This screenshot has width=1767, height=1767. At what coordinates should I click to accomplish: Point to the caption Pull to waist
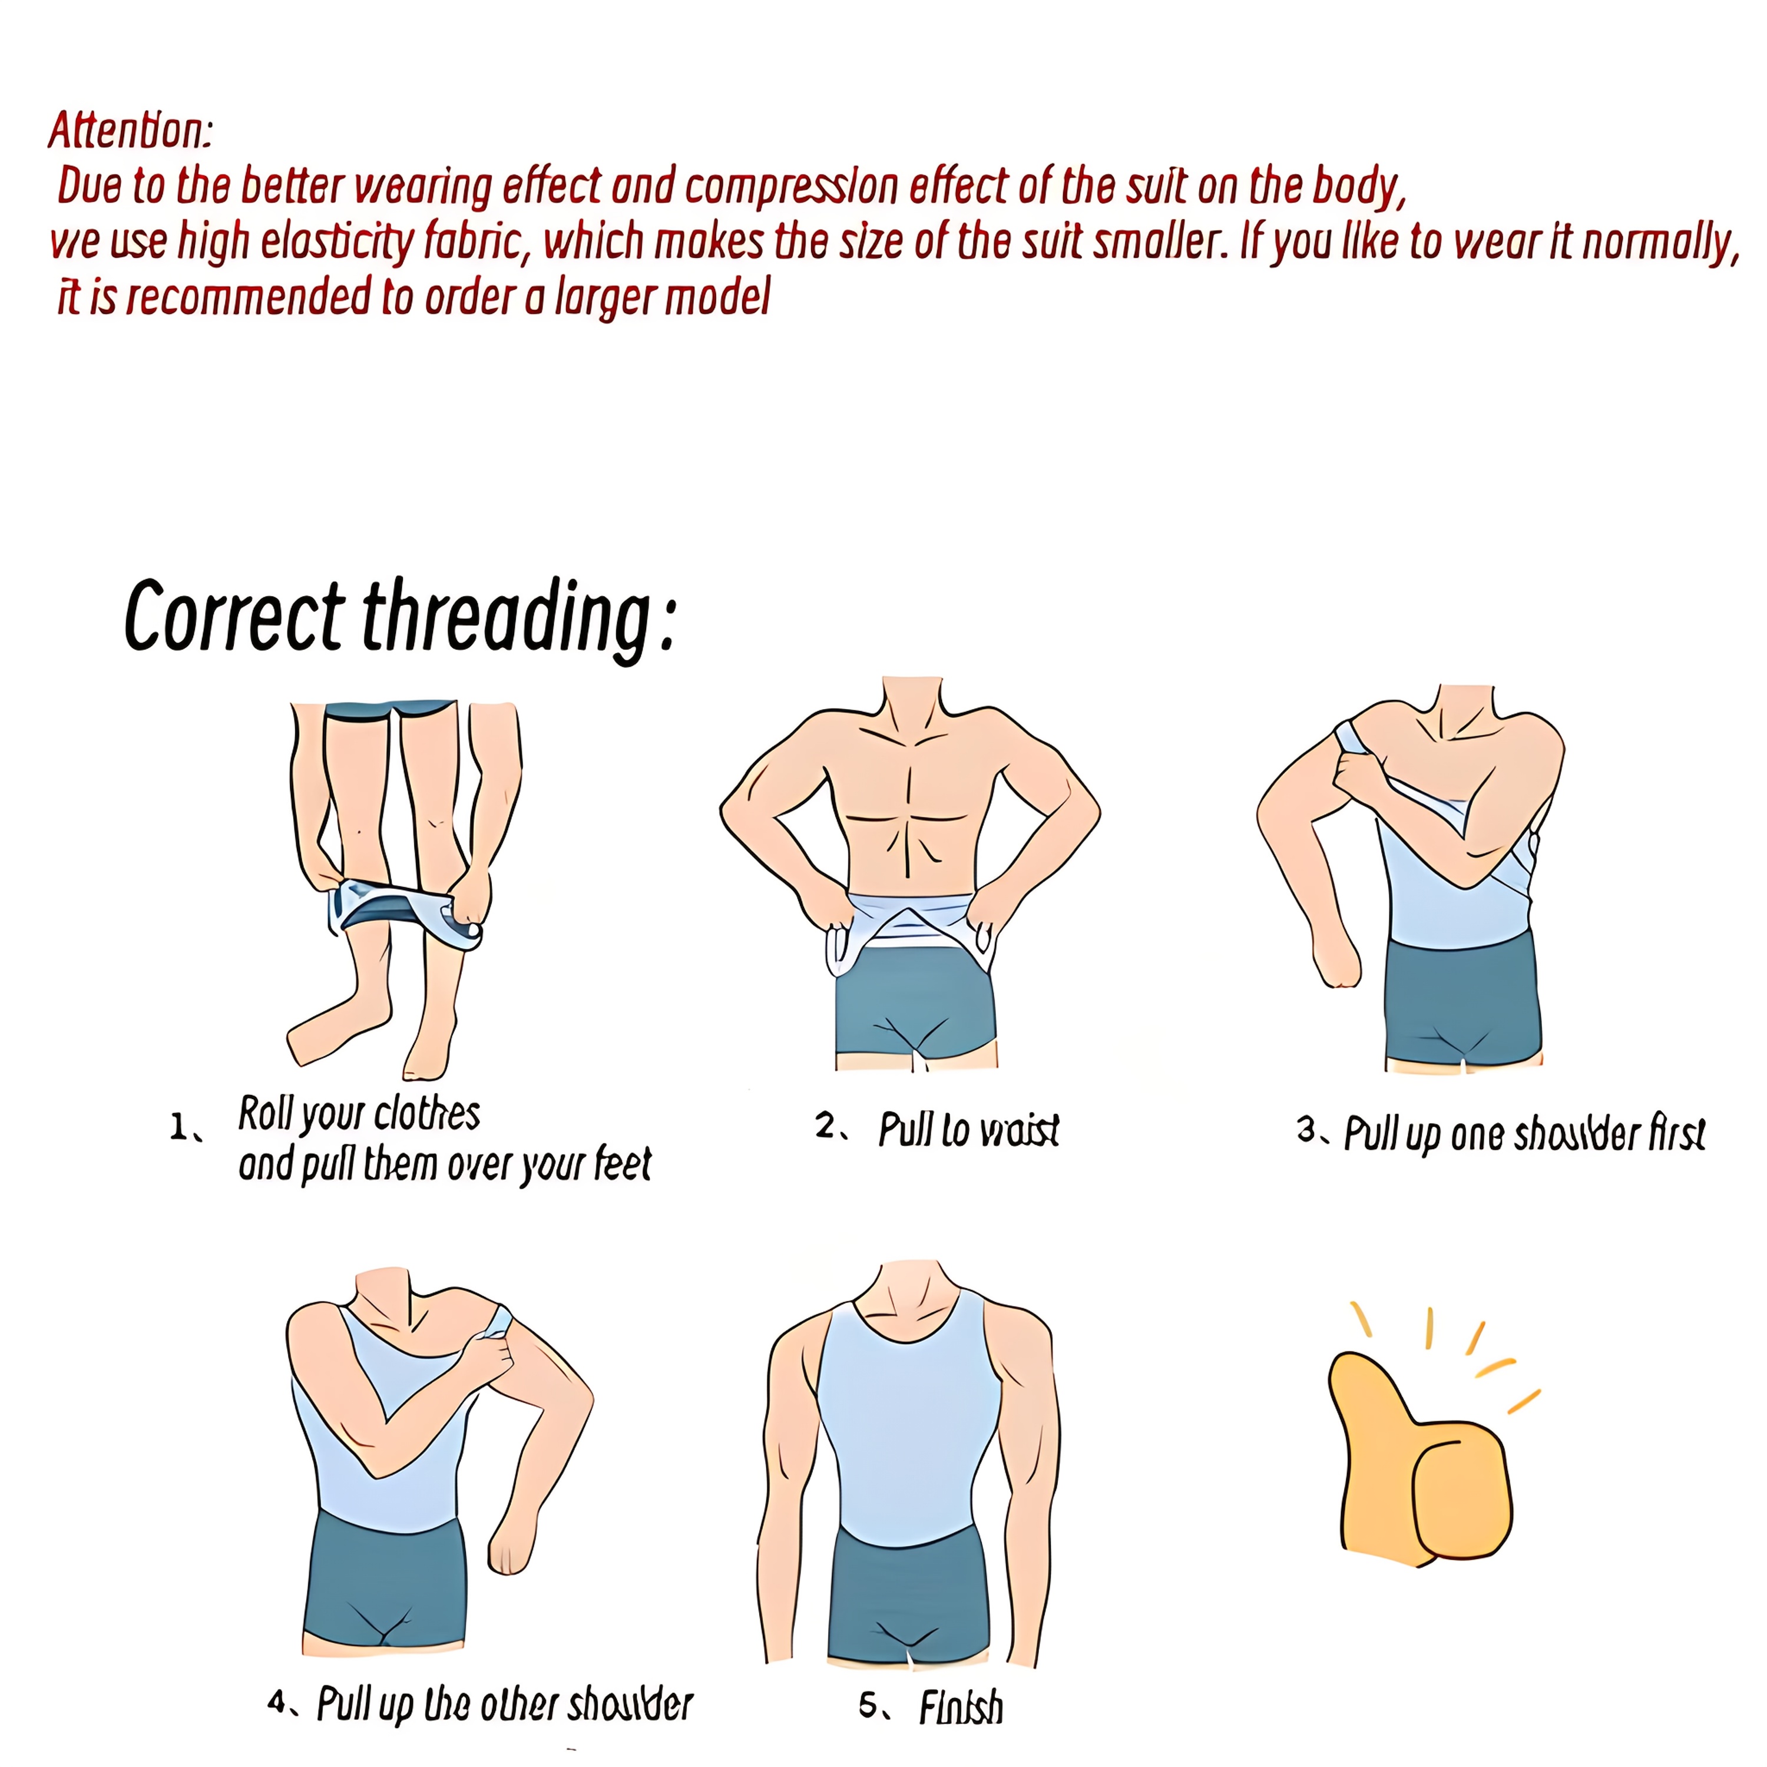[968, 1130]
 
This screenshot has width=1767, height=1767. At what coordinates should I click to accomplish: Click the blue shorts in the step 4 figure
[384, 1581]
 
